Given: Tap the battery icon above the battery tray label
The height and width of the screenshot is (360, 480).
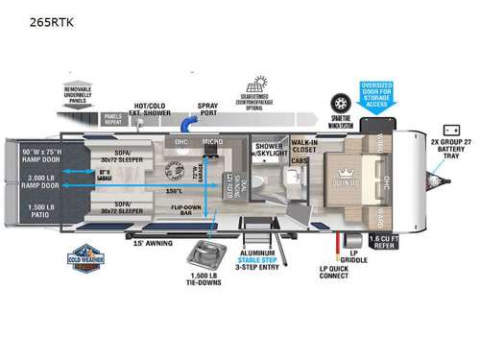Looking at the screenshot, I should pos(447,127).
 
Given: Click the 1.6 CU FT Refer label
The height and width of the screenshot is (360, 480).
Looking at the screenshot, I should pos(388,242).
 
